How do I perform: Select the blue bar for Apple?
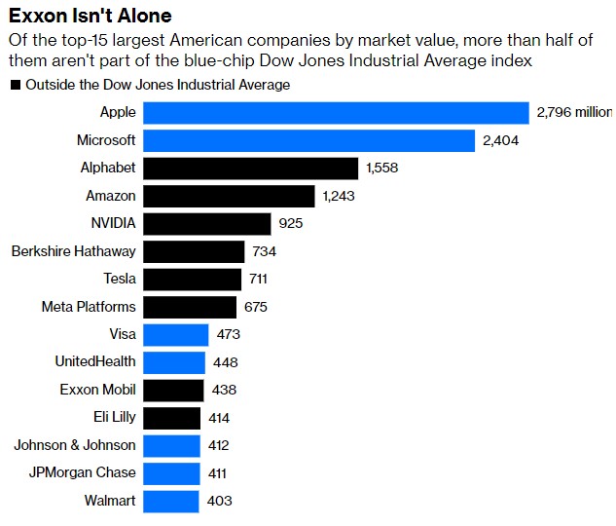pos(336,113)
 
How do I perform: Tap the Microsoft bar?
pos(308,140)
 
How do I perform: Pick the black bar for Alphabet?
pos(251,169)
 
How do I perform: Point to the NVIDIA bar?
pos(207,224)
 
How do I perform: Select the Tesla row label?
pos(120,280)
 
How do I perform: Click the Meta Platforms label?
pos(89,307)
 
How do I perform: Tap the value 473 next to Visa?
pos(228,335)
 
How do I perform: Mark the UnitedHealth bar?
pos(174,362)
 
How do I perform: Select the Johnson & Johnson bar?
pos(172,445)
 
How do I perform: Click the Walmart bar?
pos(171,501)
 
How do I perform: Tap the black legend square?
pos(16,86)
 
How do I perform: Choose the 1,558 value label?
pos(382,169)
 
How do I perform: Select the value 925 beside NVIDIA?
pos(290,224)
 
